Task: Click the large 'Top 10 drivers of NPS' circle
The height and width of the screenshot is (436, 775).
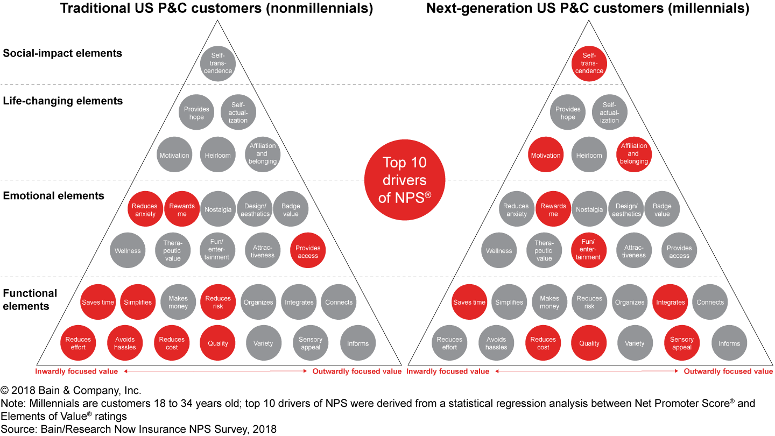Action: tap(405, 180)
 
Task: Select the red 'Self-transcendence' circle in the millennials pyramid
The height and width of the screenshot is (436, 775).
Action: tap(589, 64)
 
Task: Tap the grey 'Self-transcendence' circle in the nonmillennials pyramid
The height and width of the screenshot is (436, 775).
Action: tap(217, 64)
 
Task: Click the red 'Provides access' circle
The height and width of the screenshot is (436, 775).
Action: tap(308, 250)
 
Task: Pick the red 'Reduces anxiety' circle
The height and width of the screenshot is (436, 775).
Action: tap(145, 209)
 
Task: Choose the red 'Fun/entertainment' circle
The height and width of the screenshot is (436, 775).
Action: tap(588, 250)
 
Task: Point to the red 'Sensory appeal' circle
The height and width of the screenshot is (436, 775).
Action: tap(681, 343)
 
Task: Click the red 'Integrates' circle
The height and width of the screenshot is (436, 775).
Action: tap(670, 302)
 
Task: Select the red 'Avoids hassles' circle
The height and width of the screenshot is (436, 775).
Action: tap(125, 343)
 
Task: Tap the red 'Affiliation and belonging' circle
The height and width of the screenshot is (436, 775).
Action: tap(633, 154)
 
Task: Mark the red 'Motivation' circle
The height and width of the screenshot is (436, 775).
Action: tap(546, 154)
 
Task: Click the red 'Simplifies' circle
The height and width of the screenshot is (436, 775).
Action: tap(138, 302)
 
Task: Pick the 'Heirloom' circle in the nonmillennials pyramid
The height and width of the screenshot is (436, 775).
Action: tap(217, 154)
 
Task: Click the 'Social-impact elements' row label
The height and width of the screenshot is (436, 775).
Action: tap(62, 53)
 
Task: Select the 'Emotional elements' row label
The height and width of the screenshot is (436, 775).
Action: tap(54, 195)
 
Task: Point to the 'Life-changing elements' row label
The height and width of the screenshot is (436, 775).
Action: tap(63, 101)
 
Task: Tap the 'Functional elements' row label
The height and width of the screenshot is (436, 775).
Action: tap(30, 299)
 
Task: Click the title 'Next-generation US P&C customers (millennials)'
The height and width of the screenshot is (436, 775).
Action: tap(588, 8)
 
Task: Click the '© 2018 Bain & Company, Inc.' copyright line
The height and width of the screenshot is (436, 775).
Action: tap(71, 390)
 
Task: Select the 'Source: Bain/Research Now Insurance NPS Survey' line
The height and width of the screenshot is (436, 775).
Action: tap(138, 429)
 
